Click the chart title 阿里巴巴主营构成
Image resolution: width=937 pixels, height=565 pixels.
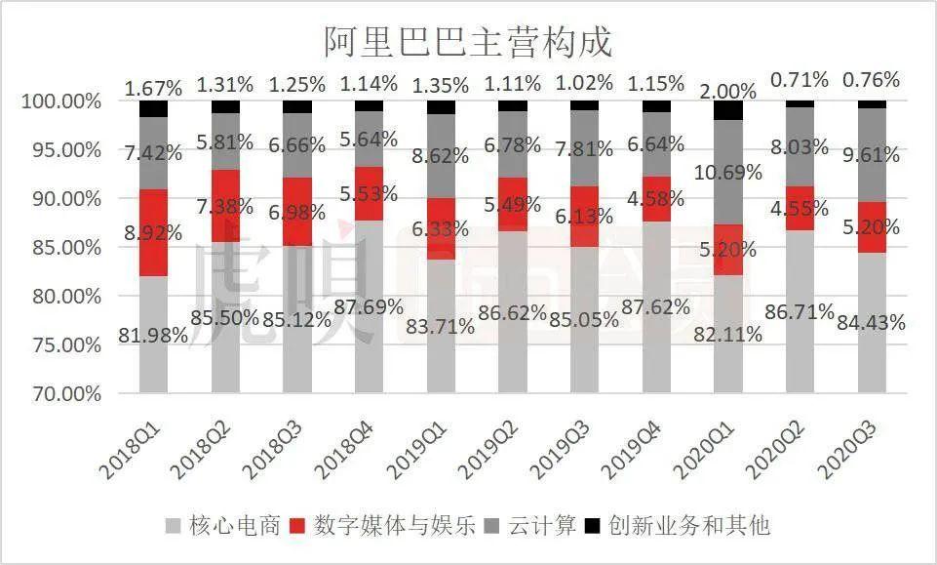(468, 42)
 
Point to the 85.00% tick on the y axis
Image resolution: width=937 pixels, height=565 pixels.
(61, 247)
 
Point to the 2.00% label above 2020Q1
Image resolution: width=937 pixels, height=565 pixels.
(727, 92)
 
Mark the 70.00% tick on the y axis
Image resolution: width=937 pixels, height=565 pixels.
(61, 394)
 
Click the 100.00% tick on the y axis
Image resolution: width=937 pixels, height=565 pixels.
(59, 101)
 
